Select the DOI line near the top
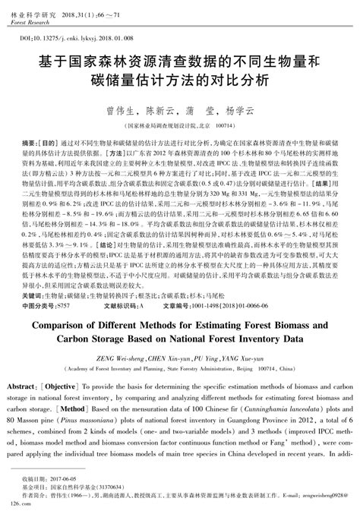tap(68, 36)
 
